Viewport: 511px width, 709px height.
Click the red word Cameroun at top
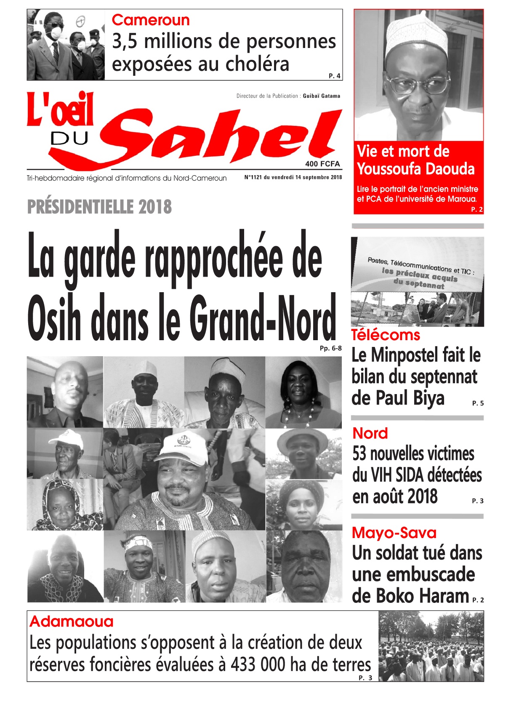[x=150, y=20]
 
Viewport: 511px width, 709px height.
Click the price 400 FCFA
[x=322, y=164]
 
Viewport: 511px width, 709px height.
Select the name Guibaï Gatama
[x=321, y=96]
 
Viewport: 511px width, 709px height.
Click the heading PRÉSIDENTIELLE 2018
[x=99, y=207]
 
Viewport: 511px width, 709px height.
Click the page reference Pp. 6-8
[x=330, y=348]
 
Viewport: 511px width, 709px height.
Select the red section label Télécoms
[x=386, y=335]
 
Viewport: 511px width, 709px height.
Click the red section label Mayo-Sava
[x=394, y=533]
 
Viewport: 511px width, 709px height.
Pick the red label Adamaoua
[x=72, y=621]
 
